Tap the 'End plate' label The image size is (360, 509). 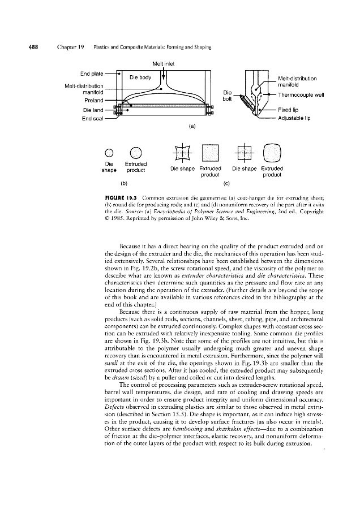pos(100,73)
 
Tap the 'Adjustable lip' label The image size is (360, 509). pos(299,118)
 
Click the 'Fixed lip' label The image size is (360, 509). pos(293,110)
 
